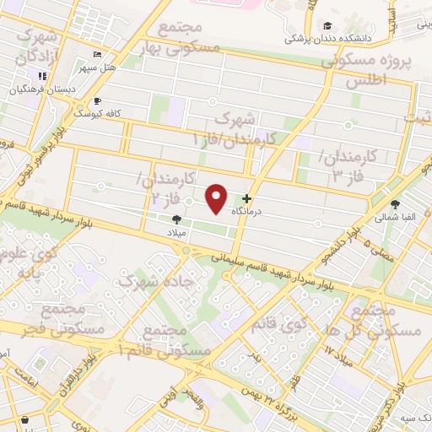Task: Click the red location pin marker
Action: click(217, 197)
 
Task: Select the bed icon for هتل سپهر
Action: click(97, 53)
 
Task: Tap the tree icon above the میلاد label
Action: click(175, 219)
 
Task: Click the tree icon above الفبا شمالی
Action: click(395, 203)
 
